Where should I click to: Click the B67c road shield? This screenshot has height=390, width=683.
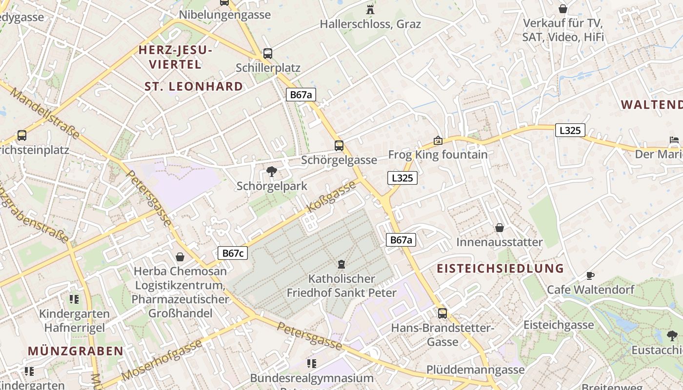(233, 253)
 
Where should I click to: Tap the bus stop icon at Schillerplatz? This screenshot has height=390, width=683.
(267, 54)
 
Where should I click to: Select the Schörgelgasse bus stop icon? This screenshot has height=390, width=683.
(339, 145)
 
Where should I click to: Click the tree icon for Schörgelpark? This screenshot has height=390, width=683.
(271, 172)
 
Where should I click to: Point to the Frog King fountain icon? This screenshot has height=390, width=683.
(438, 140)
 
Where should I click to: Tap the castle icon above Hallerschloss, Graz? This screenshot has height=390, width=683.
(370, 9)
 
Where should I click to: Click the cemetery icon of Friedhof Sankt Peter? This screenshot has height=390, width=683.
(341, 264)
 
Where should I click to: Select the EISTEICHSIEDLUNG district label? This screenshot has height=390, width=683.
(500, 268)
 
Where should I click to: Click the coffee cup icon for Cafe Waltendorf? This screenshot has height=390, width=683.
(590, 276)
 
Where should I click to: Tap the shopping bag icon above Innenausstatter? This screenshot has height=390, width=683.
(499, 228)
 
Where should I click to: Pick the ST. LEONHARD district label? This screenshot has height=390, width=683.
(194, 87)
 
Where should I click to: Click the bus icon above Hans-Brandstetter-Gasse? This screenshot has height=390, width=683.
(442, 313)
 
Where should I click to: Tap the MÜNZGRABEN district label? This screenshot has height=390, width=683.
(76, 351)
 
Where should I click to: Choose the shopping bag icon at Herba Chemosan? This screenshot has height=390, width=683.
(180, 256)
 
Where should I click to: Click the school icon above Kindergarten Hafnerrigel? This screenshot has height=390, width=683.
(74, 299)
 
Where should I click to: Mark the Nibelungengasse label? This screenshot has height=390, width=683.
(224, 15)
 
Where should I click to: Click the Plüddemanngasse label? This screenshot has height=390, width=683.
(475, 370)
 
